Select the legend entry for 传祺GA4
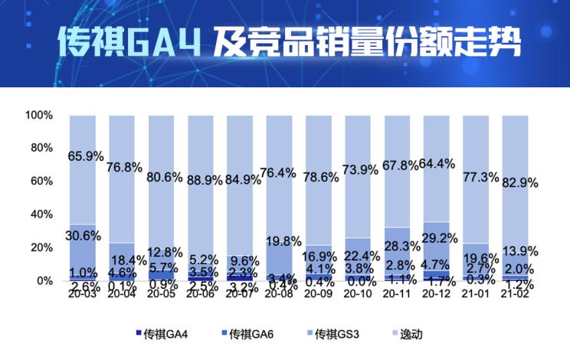point(163,334)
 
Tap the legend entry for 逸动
point(405,334)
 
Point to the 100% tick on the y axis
point(38,115)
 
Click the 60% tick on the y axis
point(41,182)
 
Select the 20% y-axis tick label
point(41,247)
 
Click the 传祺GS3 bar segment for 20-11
point(398,245)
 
